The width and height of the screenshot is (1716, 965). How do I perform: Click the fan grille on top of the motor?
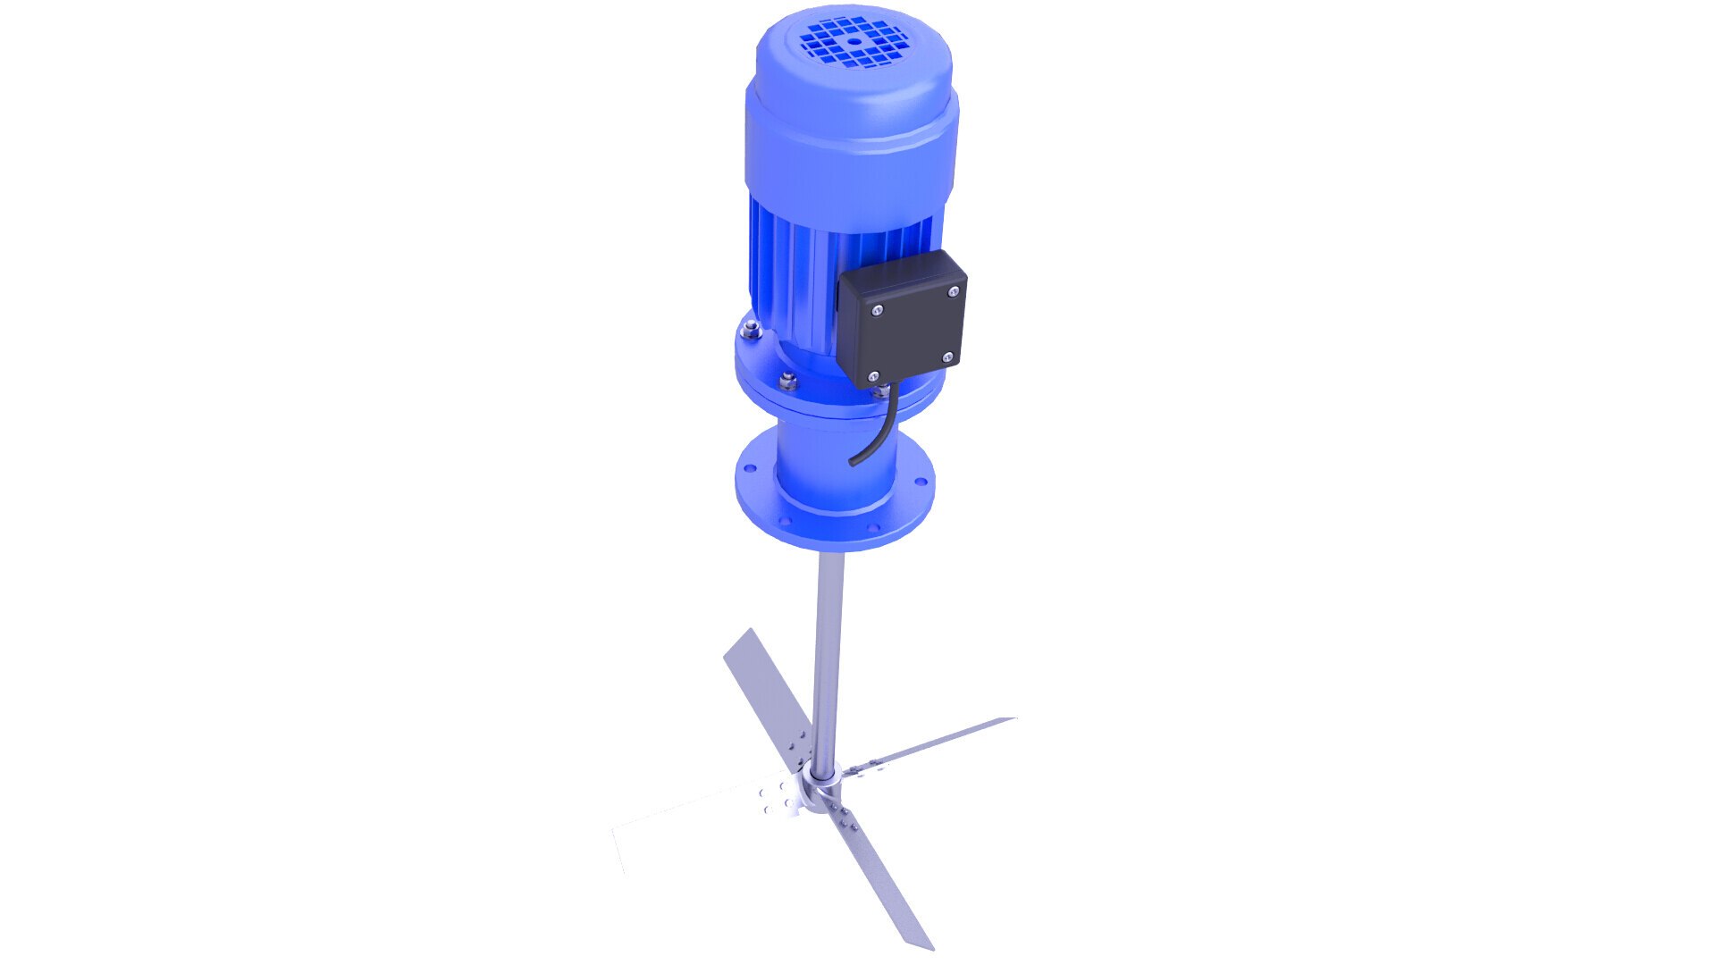pyautogui.click(x=854, y=43)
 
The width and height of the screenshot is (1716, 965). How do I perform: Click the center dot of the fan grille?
pyautogui.click(x=854, y=41)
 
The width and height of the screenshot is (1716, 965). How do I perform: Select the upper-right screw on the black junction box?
pyautogui.click(x=955, y=291)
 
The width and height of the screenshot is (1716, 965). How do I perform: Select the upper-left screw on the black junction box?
pyautogui.click(x=879, y=310)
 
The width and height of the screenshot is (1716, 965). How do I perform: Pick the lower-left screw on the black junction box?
pyautogui.click(x=874, y=376)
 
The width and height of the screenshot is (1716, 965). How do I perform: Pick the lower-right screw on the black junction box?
pyautogui.click(x=947, y=357)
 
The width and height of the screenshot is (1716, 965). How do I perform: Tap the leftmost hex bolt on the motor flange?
pyautogui.click(x=749, y=332)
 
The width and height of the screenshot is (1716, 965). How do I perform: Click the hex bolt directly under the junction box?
pyautogui.click(x=882, y=390)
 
